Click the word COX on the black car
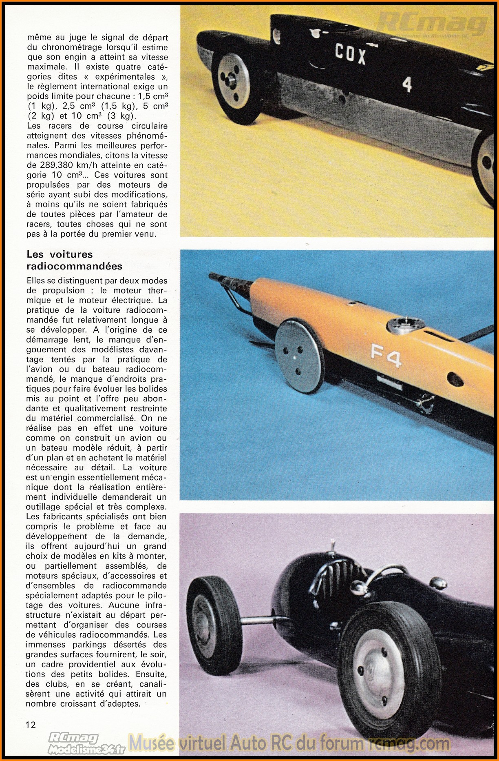pyautogui.click(x=350, y=53)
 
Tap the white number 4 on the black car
pyautogui.click(x=406, y=85)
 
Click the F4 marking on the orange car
pyautogui.click(x=385, y=356)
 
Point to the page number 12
pyautogui.click(x=31, y=725)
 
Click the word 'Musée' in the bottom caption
pyautogui.click(x=151, y=743)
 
